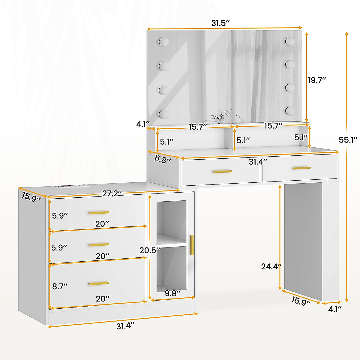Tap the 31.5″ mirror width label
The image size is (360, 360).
220,23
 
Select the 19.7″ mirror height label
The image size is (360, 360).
317,80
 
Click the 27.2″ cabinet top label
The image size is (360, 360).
112,193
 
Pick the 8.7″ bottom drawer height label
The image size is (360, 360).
60,286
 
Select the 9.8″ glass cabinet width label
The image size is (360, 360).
172,293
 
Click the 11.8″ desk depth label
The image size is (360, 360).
163,159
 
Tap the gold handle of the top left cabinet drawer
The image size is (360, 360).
99,213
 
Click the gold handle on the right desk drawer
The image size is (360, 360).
301,168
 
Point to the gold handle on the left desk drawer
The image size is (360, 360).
222,172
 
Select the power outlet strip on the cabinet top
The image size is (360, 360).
72,186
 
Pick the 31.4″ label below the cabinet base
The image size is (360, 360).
125,326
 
